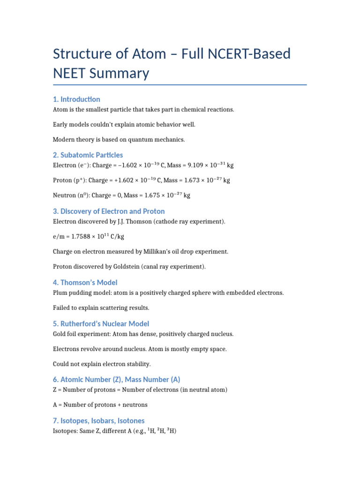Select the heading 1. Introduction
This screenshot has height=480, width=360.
click(x=76, y=99)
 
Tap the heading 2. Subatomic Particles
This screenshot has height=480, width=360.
click(x=88, y=155)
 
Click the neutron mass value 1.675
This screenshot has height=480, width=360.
click(x=147, y=195)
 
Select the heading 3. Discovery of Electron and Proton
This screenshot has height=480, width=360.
click(x=109, y=211)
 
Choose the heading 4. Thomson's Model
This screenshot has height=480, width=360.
click(x=85, y=282)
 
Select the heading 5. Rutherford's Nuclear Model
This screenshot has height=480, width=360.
click(x=101, y=323)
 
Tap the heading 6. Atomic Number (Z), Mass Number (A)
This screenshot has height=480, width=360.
click(x=116, y=379)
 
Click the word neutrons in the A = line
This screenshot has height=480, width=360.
click(x=135, y=405)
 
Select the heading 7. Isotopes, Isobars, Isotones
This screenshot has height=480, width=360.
click(x=98, y=420)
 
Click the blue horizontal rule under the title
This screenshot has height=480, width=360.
click(x=180, y=85)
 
